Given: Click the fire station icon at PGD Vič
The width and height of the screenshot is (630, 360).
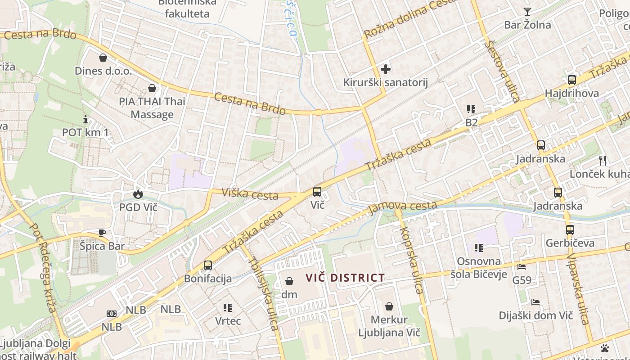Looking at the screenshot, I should click(x=138, y=194).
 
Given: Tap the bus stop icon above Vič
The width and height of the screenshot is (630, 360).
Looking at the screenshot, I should click(x=317, y=192).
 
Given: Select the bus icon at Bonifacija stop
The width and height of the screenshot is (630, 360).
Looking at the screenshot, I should click(x=207, y=265).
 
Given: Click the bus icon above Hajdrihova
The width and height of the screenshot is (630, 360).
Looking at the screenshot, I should click(x=571, y=80).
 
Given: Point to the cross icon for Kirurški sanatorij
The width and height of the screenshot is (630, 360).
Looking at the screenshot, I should click(x=386, y=69).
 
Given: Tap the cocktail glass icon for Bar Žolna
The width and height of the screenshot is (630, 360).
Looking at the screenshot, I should click(x=527, y=12).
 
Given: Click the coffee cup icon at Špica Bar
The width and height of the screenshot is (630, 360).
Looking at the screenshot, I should click(x=102, y=233).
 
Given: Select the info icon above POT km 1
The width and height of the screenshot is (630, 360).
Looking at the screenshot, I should click(x=85, y=119).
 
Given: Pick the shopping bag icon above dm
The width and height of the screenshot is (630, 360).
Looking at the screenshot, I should click(x=289, y=281).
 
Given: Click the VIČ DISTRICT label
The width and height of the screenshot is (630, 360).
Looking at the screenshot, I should click(x=345, y=278).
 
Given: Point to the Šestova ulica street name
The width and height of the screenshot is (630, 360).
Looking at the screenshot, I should click(x=503, y=71).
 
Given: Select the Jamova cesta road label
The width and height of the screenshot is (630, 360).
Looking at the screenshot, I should click(x=402, y=207).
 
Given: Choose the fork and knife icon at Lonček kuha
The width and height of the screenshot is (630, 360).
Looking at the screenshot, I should click(x=603, y=160).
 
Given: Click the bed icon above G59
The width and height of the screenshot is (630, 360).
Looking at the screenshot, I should click(x=522, y=267).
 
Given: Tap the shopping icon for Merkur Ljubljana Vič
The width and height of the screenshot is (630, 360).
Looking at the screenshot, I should click(x=389, y=306).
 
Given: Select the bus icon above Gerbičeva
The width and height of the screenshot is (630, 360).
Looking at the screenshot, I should click(x=570, y=229).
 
